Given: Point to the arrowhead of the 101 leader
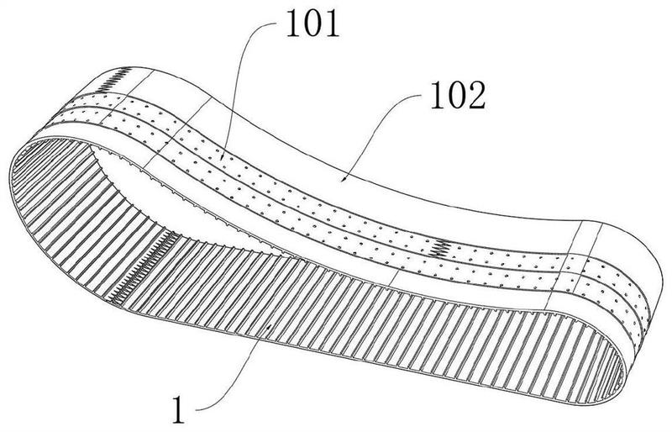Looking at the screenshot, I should click(221, 159).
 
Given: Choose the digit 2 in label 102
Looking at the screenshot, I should click(474, 99).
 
